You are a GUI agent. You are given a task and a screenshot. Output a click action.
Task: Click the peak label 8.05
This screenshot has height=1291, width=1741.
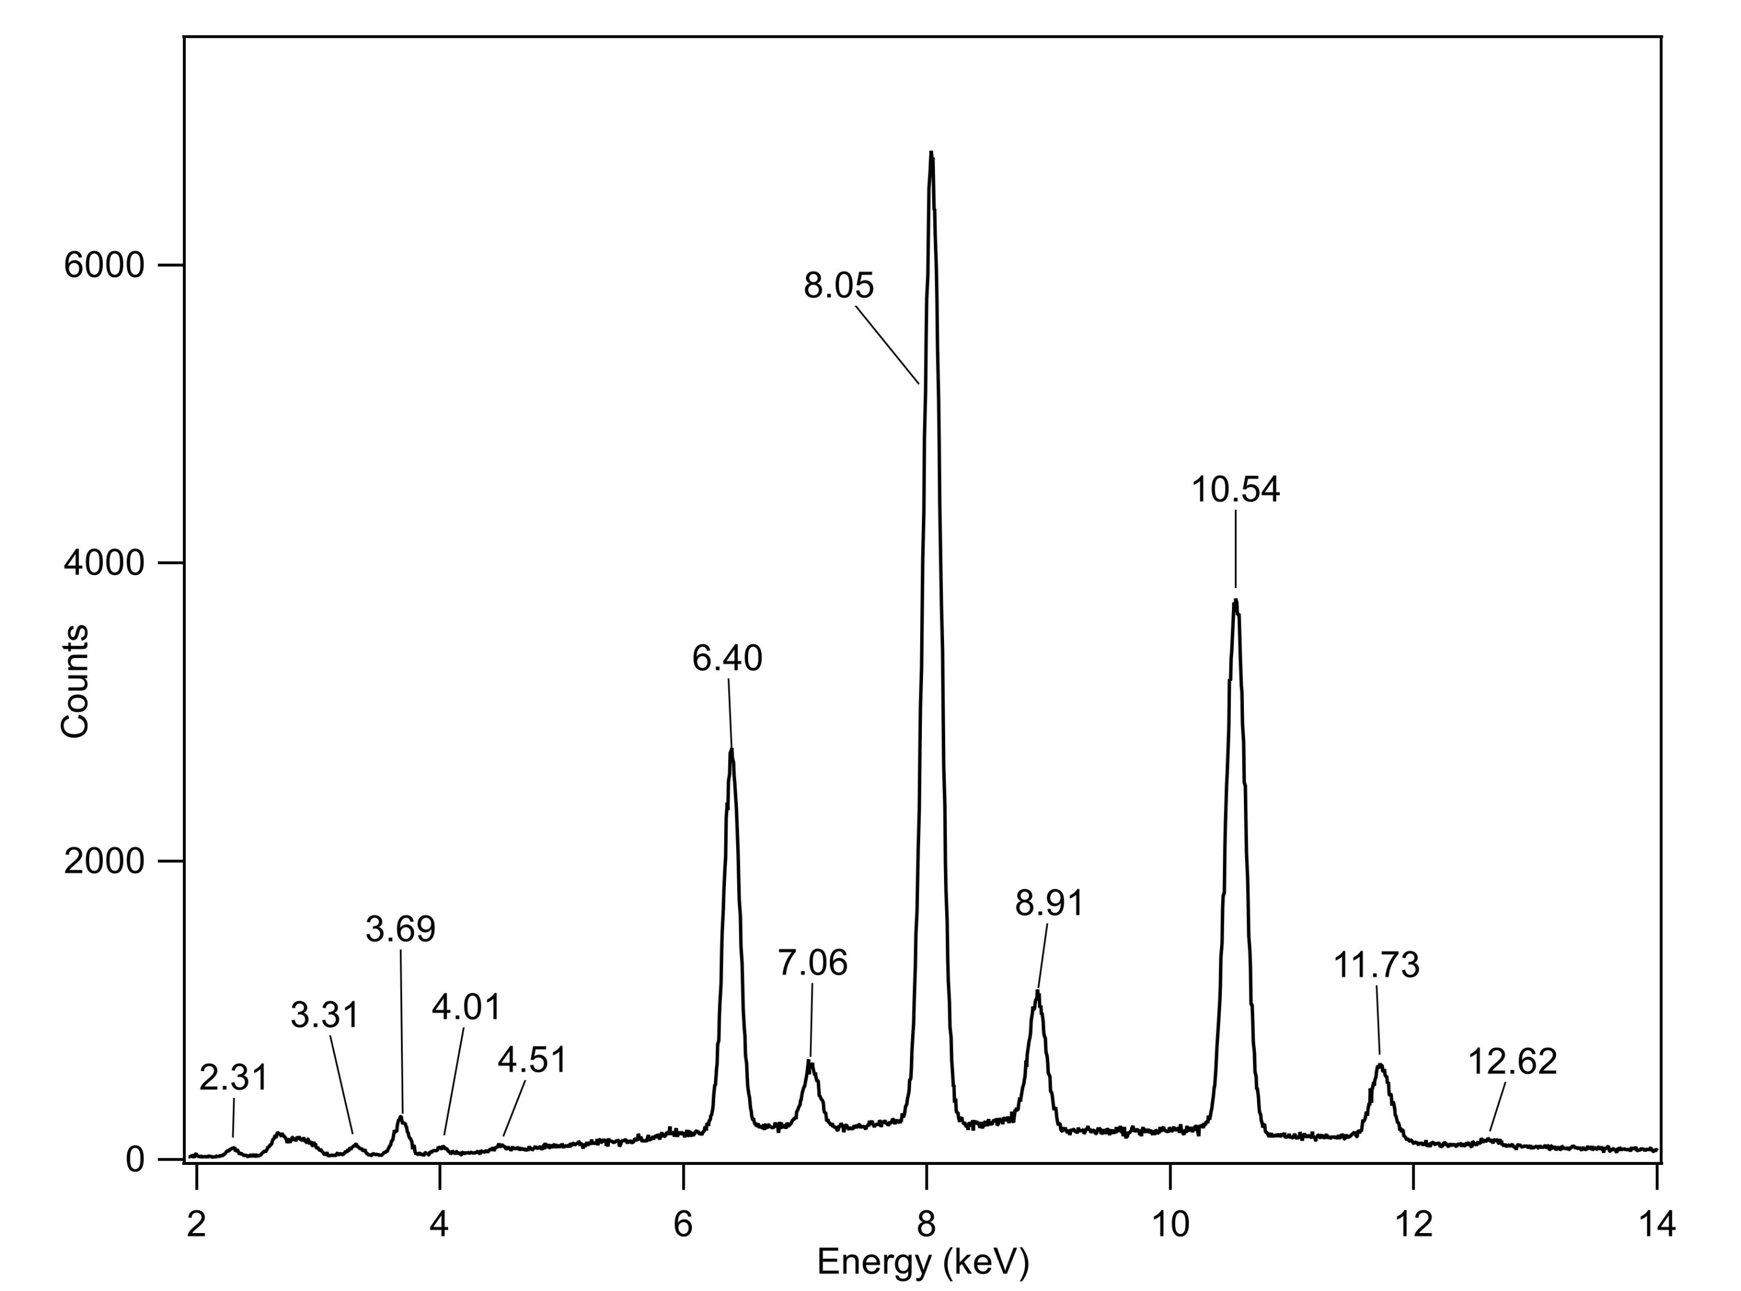[838, 286]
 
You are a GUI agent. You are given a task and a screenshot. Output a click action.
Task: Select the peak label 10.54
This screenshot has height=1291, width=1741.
[1235, 490]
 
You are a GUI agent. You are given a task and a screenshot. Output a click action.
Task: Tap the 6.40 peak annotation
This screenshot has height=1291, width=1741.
[727, 659]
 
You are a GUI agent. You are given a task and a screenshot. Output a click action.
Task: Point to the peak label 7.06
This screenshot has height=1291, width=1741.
[813, 963]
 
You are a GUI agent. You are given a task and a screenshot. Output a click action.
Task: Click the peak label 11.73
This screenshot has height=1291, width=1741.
[1375, 966]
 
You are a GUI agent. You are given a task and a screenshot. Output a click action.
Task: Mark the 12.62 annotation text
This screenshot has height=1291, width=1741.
[1512, 1062]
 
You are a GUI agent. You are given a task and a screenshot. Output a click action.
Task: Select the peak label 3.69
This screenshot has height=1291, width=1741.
[400, 929]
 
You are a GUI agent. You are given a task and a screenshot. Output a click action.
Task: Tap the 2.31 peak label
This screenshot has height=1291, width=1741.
[234, 1078]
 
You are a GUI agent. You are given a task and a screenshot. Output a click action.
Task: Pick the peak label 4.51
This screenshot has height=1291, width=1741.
[532, 1060]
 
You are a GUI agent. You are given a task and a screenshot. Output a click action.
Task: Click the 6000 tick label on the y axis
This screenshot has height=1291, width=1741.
[104, 266]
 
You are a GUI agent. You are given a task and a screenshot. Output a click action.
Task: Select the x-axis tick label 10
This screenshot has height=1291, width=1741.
[1170, 1224]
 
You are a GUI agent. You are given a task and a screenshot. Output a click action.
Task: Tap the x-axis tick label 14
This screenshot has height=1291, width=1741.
[1656, 1224]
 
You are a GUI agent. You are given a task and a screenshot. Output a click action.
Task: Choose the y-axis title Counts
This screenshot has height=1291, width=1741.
[75, 681]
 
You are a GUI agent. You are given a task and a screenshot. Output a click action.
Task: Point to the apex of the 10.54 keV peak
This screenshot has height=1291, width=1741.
[1235, 601]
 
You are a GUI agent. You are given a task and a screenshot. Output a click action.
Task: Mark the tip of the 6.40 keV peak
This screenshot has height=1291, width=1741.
[731, 749]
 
